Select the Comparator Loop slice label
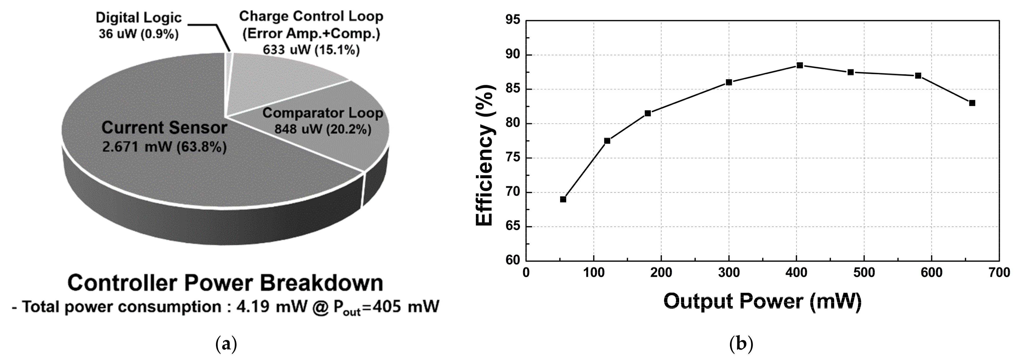[323, 113]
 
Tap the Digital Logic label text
[139, 18]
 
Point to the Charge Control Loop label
[311, 17]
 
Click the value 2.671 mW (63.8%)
[164, 147]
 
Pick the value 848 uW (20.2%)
[323, 129]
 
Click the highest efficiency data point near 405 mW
[799, 65]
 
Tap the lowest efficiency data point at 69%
[563, 199]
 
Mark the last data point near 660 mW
[972, 103]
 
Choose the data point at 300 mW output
[729, 82]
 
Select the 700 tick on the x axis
[999, 273]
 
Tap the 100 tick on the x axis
[594, 273]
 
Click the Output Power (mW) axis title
[762, 301]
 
